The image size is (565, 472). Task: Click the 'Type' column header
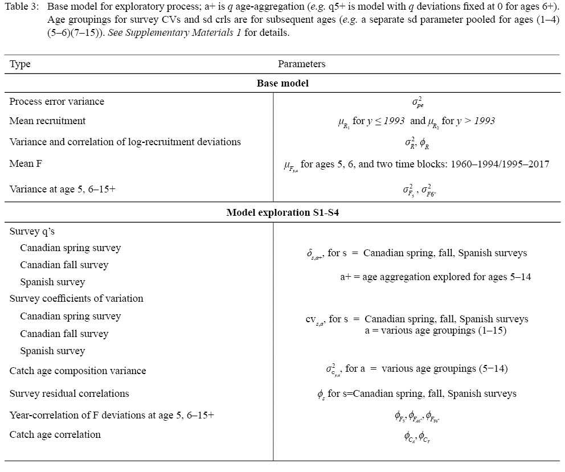coord(20,64)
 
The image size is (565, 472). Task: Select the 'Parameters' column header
coord(301,64)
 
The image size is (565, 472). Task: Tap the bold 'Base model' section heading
coord(282,83)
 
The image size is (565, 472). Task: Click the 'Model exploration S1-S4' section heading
coord(282,212)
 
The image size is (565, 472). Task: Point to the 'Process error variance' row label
coord(57,101)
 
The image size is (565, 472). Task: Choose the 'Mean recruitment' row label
coord(47,121)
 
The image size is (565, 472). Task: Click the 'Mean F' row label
coord(25,163)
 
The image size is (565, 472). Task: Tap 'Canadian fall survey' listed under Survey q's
coord(64,265)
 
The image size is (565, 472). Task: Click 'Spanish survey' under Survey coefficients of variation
coord(52,351)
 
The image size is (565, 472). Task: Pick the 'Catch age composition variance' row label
coord(77,371)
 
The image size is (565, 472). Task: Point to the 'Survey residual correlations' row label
coord(69,393)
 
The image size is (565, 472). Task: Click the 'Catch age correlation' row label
coord(55,434)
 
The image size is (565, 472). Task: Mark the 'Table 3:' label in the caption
coord(22,7)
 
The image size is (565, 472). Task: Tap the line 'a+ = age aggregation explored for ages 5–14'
coord(436,277)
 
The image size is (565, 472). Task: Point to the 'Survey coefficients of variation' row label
coord(76,298)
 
